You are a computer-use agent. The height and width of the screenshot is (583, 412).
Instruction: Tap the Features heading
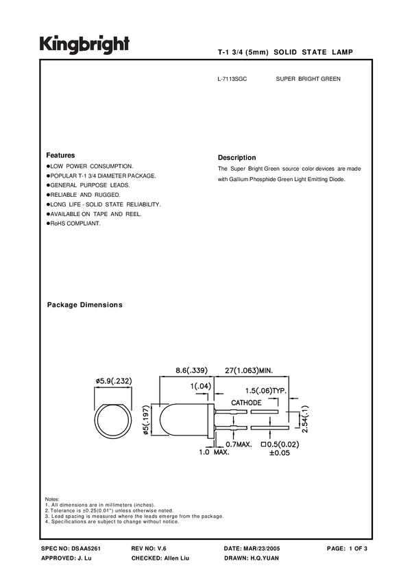[60, 156]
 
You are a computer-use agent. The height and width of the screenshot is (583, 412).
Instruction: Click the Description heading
[237, 158]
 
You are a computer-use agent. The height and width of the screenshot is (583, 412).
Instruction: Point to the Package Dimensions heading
[84, 305]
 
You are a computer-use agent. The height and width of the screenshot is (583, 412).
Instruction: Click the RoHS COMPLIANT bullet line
[73, 224]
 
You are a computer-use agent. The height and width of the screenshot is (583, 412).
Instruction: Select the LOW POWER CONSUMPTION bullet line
[90, 167]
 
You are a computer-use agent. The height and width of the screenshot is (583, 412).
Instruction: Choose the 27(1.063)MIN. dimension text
[250, 370]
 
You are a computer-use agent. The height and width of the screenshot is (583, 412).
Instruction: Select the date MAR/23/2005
[261, 549]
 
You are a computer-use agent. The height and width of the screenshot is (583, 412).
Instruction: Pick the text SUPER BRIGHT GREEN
[308, 80]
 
